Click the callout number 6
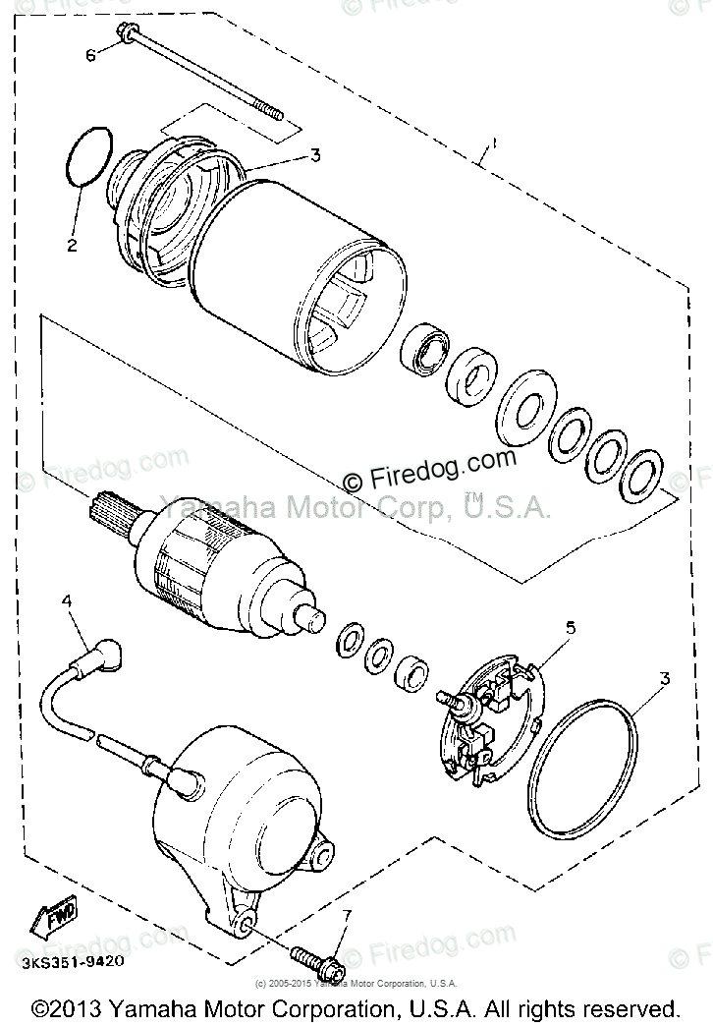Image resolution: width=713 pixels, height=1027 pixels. click(90, 55)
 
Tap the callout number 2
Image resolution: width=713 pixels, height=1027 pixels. click(72, 246)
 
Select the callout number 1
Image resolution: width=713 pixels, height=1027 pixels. click(494, 144)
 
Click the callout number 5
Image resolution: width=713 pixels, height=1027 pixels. click(571, 626)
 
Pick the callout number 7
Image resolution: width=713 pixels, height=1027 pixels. click(345, 916)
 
